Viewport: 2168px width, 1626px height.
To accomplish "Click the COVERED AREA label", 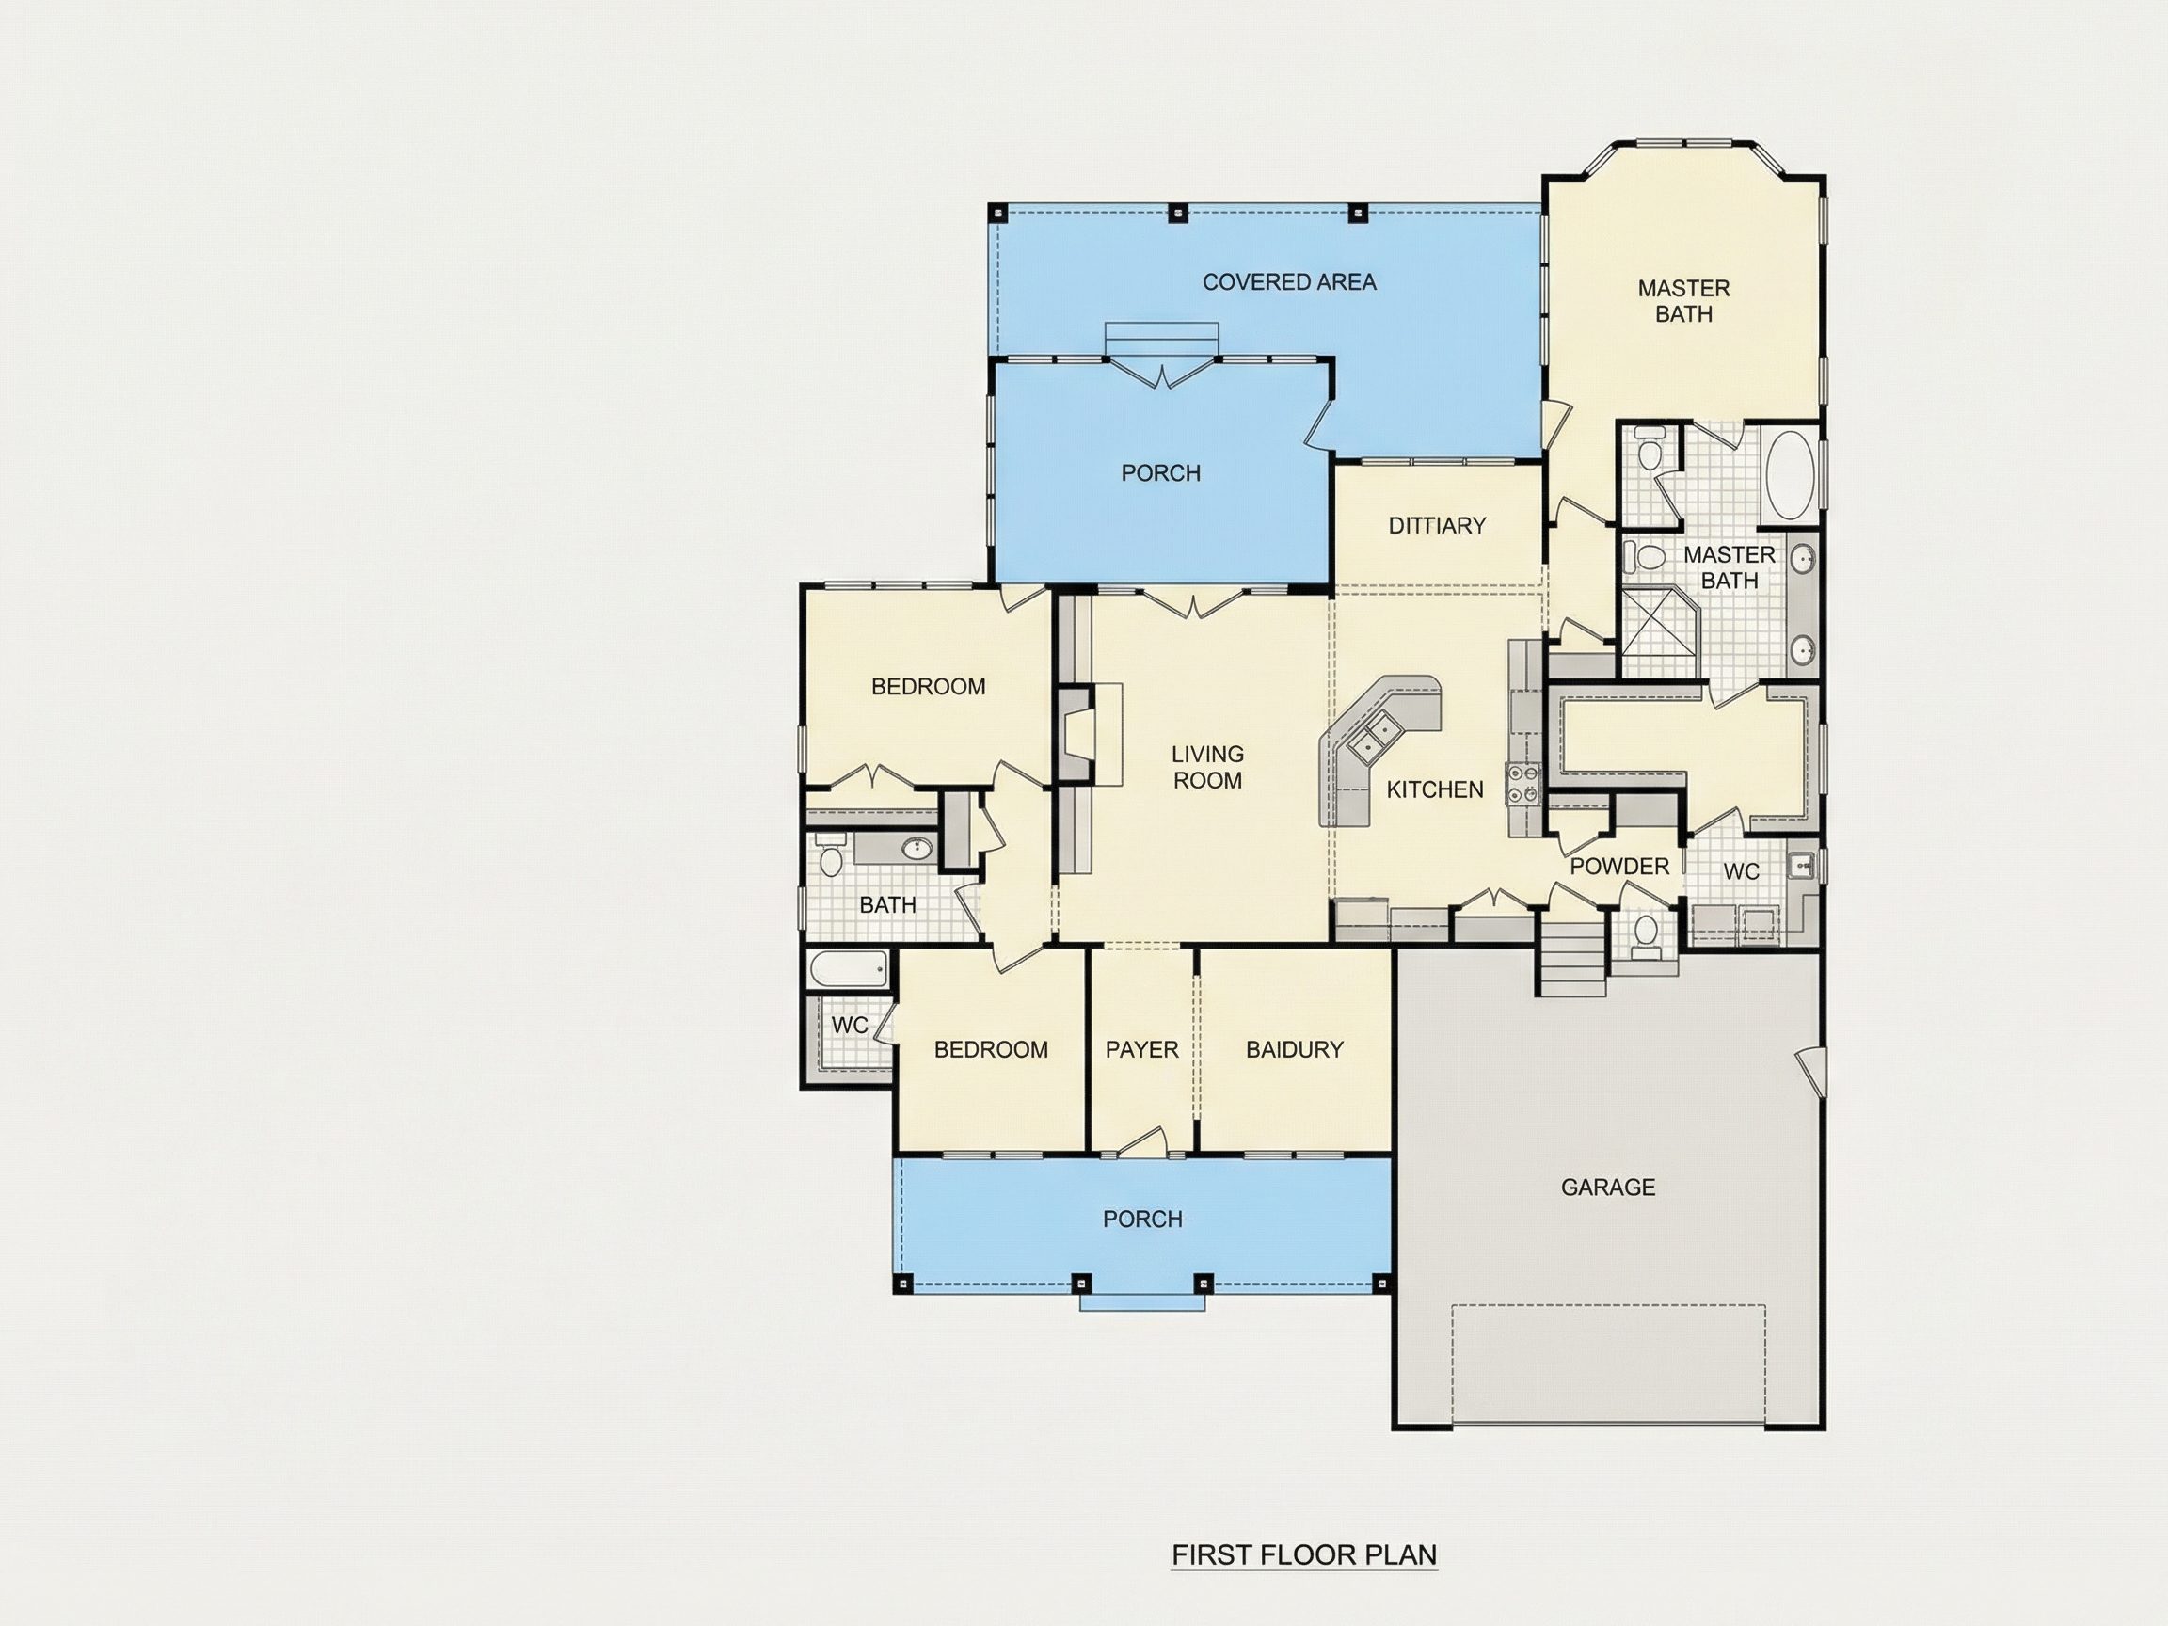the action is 1289,282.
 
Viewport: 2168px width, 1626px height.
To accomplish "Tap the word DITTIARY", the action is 1437,525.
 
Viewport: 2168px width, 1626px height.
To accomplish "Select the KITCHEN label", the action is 1435,790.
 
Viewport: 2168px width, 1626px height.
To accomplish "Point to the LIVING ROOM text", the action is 1207,768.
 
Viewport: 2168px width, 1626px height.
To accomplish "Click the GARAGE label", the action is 1607,1188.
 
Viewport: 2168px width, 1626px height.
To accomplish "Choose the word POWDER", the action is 1619,867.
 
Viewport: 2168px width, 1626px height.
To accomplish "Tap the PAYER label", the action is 1141,1050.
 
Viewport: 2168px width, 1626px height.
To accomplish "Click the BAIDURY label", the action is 1294,1050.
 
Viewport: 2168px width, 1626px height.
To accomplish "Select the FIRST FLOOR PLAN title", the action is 1304,1555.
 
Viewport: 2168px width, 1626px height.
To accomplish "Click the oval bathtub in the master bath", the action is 1790,475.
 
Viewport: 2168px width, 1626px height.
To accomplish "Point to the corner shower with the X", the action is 1660,632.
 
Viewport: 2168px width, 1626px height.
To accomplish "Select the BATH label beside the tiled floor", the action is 888,904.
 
